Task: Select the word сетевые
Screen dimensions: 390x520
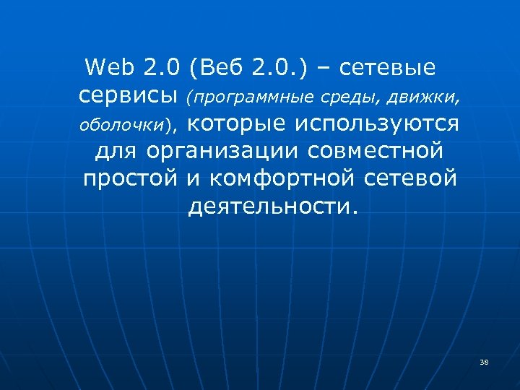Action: point(387,68)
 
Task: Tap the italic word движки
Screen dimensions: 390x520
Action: point(423,97)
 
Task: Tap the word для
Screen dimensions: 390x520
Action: point(117,151)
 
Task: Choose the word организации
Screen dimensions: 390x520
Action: point(224,151)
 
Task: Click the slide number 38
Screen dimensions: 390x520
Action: point(484,362)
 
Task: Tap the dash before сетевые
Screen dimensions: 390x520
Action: point(321,69)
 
